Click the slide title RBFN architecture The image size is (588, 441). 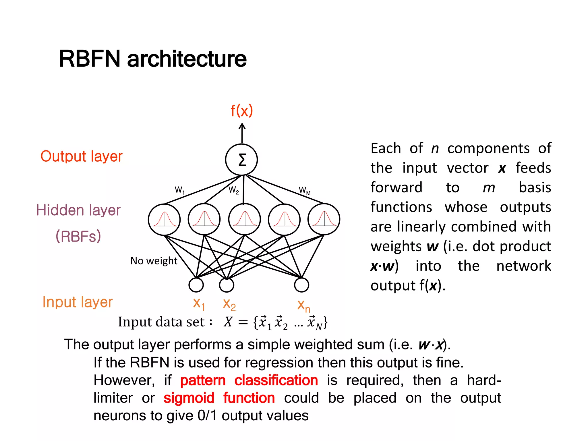coord(152,59)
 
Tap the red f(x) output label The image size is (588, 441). coord(242,111)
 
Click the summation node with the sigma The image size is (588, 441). coord(241,160)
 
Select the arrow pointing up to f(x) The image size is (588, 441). coord(242,133)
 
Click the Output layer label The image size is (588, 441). coord(82,156)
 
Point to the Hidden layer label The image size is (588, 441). coord(78,210)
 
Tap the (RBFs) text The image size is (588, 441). coord(78,236)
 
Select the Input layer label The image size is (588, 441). coord(78,302)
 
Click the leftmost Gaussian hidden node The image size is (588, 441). coord(164,220)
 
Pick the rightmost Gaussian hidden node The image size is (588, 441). coord(324,220)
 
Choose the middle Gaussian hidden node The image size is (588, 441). coord(245,220)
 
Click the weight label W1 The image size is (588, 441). coord(180,190)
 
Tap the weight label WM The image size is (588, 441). coord(305,191)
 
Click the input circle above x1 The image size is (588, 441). coord(196,285)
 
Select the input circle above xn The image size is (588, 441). coord(301,285)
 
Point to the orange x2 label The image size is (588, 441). coord(229,304)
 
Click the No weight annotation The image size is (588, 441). coord(154,261)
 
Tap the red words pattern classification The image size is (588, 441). coord(249,380)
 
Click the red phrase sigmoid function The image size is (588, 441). coord(219,398)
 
